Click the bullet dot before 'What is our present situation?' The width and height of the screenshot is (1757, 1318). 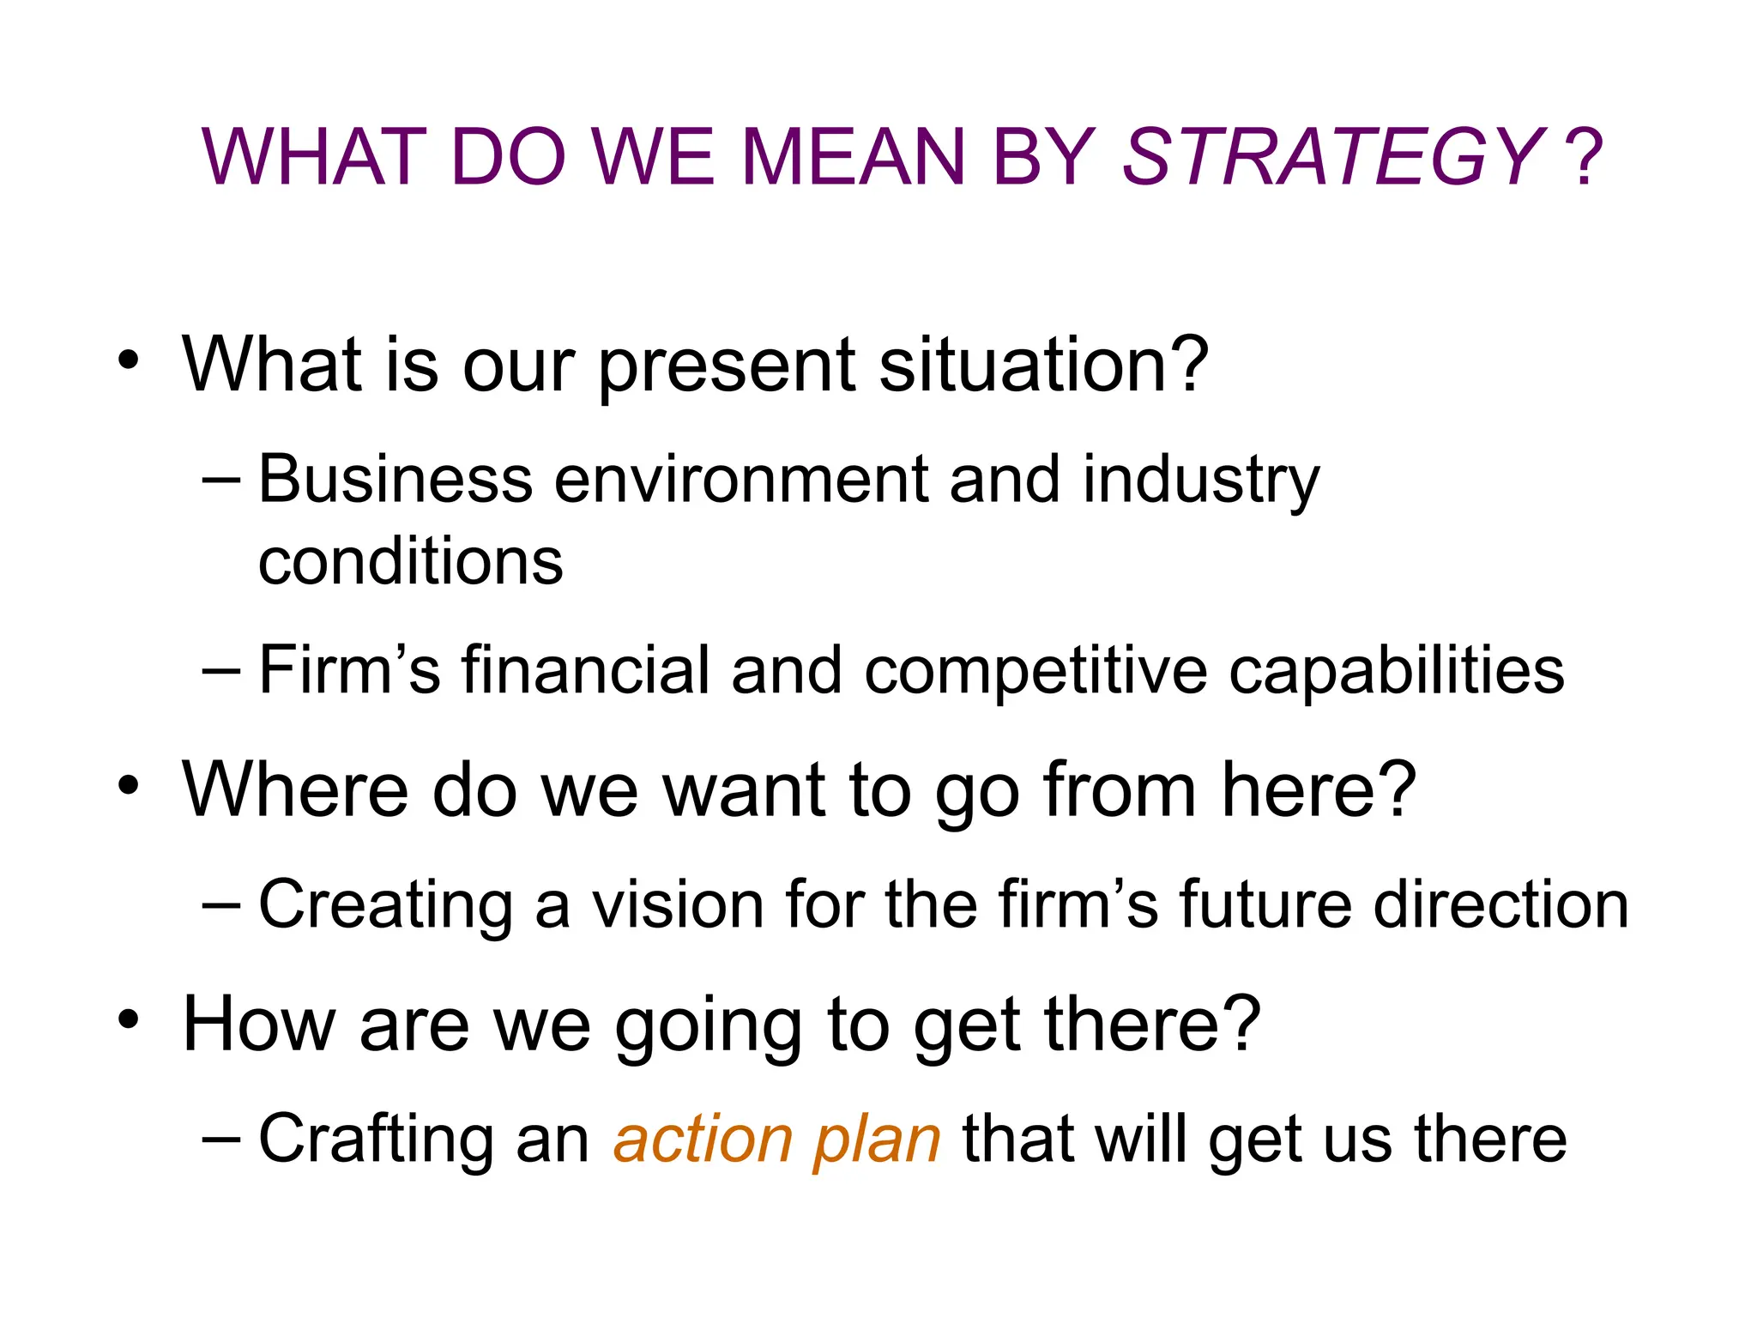point(129,359)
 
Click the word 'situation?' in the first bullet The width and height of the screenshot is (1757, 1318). point(1043,366)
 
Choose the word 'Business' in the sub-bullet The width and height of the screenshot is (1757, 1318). point(395,479)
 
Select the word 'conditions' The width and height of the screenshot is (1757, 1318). point(410,562)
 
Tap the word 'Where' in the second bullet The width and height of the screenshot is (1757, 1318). point(295,789)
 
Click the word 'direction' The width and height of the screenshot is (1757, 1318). point(1500,904)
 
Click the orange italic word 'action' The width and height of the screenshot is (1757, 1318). point(703,1140)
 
